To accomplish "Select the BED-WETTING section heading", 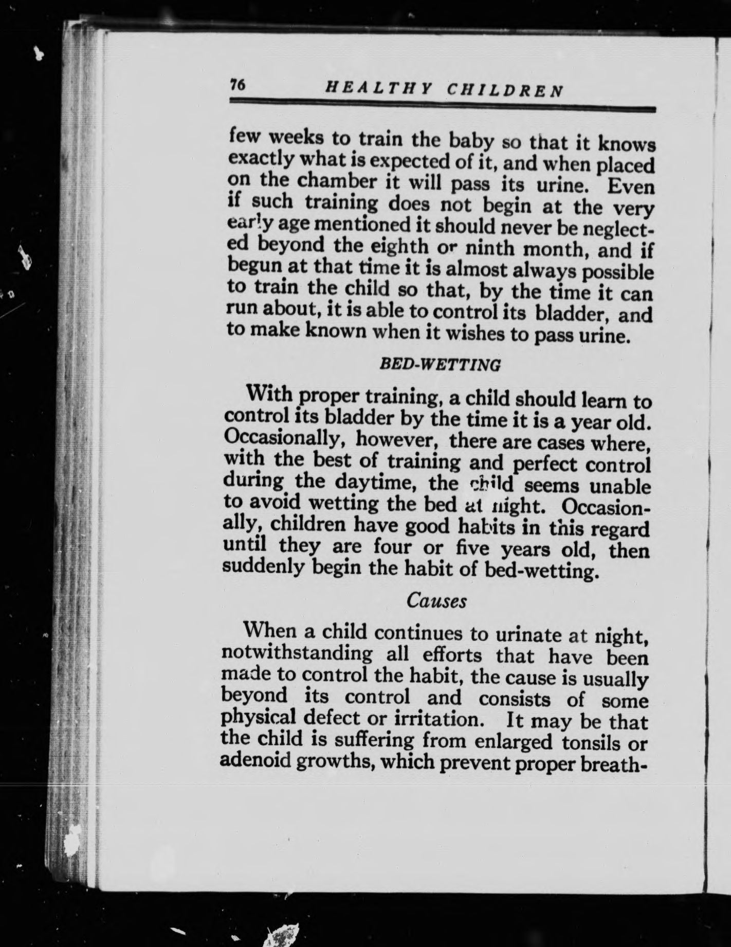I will coord(440,365).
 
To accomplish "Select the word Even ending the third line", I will coord(631,187).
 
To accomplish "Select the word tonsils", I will coord(580,742).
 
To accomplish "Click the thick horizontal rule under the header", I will coord(442,108).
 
